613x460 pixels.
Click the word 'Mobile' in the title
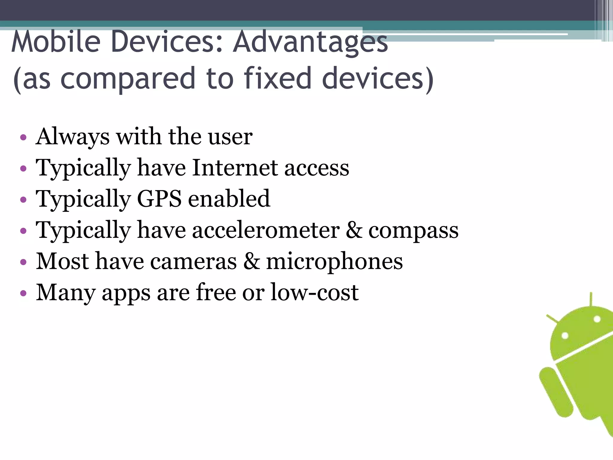pos(56,42)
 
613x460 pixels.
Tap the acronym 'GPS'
pos(159,199)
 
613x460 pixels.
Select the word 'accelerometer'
pos(266,230)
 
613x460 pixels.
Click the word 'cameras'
pos(193,261)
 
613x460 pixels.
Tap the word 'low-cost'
pos(315,292)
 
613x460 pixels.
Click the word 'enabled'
pos(229,199)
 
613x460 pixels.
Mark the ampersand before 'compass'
pos(354,230)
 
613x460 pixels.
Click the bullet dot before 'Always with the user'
pos(23,138)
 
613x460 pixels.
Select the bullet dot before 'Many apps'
pos(23,293)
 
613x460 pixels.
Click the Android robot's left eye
pos(565,335)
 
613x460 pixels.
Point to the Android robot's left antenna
pos(553,319)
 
